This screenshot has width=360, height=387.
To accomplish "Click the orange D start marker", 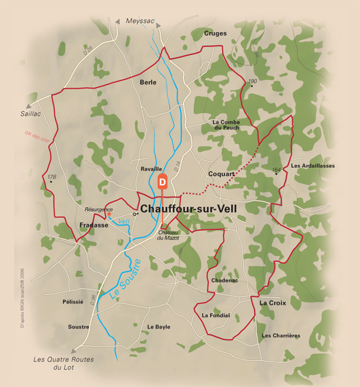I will (x=162, y=183).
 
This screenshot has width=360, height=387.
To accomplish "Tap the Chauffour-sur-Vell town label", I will (x=188, y=210).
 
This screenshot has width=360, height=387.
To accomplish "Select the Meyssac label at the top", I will (x=141, y=21).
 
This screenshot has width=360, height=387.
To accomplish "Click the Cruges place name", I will (x=215, y=33).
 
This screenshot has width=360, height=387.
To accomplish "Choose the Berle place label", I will (x=148, y=82).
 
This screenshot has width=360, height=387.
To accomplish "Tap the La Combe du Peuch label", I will (x=226, y=124).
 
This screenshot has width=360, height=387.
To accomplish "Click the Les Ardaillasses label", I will (x=313, y=166).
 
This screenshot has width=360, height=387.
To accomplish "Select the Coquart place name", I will (x=221, y=174).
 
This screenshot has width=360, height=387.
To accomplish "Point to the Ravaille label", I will (x=151, y=169).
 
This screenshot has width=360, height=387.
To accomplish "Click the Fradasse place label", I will (x=94, y=225).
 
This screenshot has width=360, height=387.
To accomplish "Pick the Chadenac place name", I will (x=225, y=280).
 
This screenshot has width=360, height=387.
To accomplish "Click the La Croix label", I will (x=272, y=303).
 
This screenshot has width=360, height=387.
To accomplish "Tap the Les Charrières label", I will (x=281, y=336).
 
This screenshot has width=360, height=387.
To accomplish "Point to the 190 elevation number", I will (x=253, y=81).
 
